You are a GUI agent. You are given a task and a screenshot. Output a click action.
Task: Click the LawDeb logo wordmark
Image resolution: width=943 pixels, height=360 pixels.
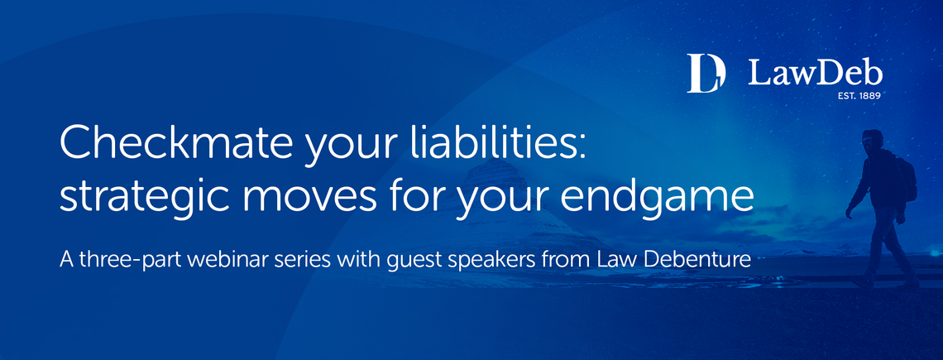click(815, 74)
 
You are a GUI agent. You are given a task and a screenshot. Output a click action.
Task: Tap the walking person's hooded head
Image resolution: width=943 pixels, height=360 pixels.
click(872, 140)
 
